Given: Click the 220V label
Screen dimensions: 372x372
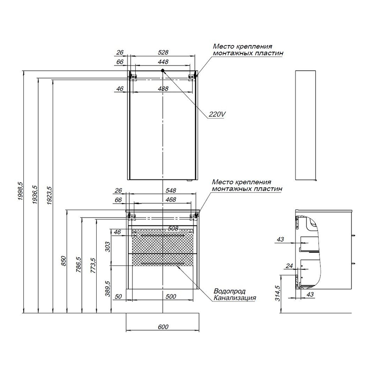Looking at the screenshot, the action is click(217, 114).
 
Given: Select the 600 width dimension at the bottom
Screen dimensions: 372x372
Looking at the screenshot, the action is click(163, 327).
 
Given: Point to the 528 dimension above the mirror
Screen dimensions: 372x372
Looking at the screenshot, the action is click(163, 52).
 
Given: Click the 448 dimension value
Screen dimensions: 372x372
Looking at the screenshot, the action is click(163, 62).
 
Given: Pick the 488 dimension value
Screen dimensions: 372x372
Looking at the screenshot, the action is click(163, 89).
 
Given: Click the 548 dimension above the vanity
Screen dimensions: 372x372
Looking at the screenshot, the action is click(171, 191).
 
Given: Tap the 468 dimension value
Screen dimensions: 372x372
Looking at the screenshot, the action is click(171, 200).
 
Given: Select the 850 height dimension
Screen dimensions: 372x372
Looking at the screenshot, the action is click(64, 261).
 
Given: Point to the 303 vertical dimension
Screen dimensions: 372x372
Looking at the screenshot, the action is click(108, 247).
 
